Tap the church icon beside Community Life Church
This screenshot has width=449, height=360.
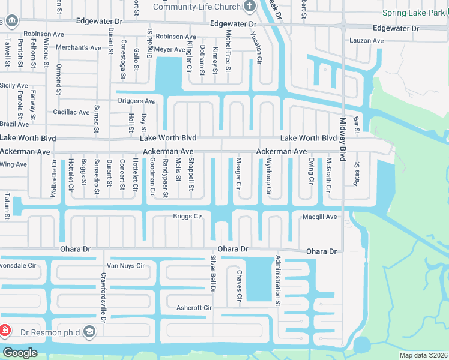[x=250, y=7]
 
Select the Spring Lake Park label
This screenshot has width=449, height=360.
[x=414, y=13]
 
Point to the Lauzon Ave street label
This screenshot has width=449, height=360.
[x=366, y=41]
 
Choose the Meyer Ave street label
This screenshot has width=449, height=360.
[x=170, y=49]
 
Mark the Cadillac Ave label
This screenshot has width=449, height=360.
[x=71, y=112]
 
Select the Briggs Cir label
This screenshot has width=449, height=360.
[x=187, y=217]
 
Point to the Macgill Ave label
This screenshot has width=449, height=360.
[x=319, y=217]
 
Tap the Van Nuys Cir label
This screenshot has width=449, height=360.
[x=125, y=266]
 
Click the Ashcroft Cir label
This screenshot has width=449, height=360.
[x=194, y=308]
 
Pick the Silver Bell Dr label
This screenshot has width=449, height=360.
[x=212, y=273]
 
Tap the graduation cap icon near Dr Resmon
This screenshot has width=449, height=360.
[x=89, y=331]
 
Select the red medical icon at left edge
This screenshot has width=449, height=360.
[x=4, y=331]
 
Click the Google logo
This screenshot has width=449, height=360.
[x=19, y=352]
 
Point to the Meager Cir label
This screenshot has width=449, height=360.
[x=238, y=174]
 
